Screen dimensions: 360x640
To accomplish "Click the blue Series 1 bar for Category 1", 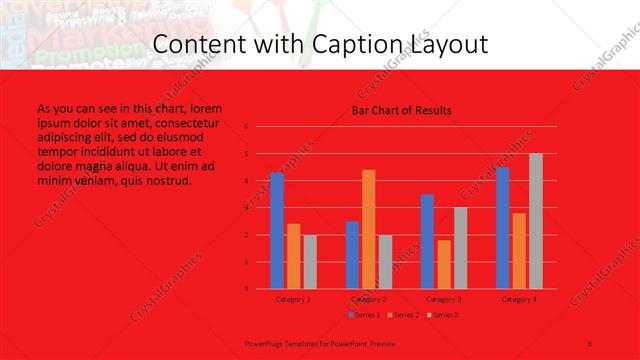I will [276, 230].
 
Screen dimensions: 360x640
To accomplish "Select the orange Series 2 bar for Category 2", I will [368, 229].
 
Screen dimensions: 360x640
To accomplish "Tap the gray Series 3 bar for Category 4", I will [535, 221].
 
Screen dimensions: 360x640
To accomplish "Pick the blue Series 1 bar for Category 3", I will [427, 241].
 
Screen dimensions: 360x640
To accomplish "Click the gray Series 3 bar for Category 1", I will [310, 262].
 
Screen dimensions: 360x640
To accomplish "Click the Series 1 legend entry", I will [365, 315].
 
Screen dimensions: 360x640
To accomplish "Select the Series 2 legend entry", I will [403, 315].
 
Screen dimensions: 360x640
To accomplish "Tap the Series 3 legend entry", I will [441, 315].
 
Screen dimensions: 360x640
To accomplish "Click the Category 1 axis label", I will [293, 299].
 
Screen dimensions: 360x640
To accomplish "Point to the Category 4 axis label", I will [519, 299].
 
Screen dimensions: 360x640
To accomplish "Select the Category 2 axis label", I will [369, 299].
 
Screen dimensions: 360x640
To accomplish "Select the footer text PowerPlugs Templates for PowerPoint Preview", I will [301, 341].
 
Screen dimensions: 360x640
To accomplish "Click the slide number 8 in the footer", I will [590, 341].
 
